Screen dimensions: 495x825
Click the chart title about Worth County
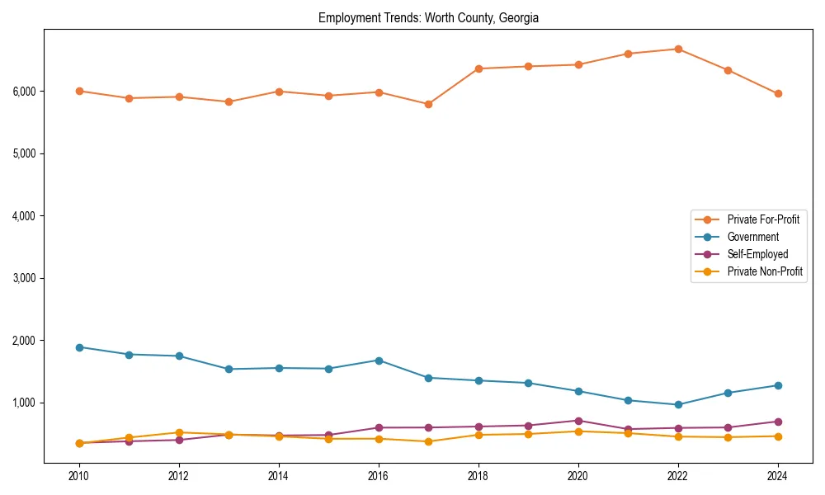[428, 18]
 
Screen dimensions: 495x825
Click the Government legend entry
[752, 237]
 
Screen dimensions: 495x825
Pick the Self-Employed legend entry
[757, 254]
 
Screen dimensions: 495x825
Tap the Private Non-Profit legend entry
[765, 271]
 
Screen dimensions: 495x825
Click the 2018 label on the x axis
[478, 476]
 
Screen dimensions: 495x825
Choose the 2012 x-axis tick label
[179, 476]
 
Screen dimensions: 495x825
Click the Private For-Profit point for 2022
[678, 49]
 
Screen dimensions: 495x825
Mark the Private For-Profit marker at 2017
[428, 104]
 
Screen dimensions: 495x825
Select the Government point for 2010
[79, 347]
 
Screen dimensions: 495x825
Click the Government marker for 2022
[678, 405]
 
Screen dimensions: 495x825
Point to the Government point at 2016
[379, 361]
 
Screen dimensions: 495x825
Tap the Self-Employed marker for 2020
[578, 421]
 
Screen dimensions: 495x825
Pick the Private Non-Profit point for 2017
[428, 441]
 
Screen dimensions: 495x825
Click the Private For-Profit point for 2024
[778, 93]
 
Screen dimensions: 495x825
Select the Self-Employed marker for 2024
[778, 422]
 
